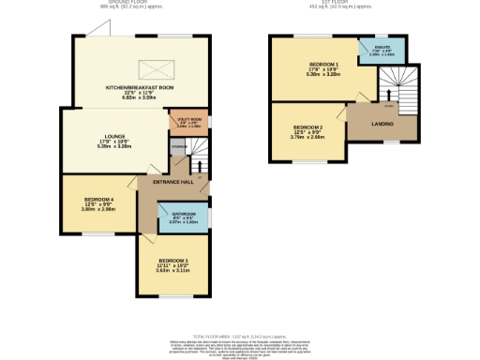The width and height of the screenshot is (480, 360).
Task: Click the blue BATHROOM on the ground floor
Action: pos(184,218)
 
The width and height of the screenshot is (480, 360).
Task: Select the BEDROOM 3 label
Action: pos(173,260)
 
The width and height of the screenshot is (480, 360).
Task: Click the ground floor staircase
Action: pos(195,150)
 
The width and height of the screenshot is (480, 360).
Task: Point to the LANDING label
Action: pos(381,122)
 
